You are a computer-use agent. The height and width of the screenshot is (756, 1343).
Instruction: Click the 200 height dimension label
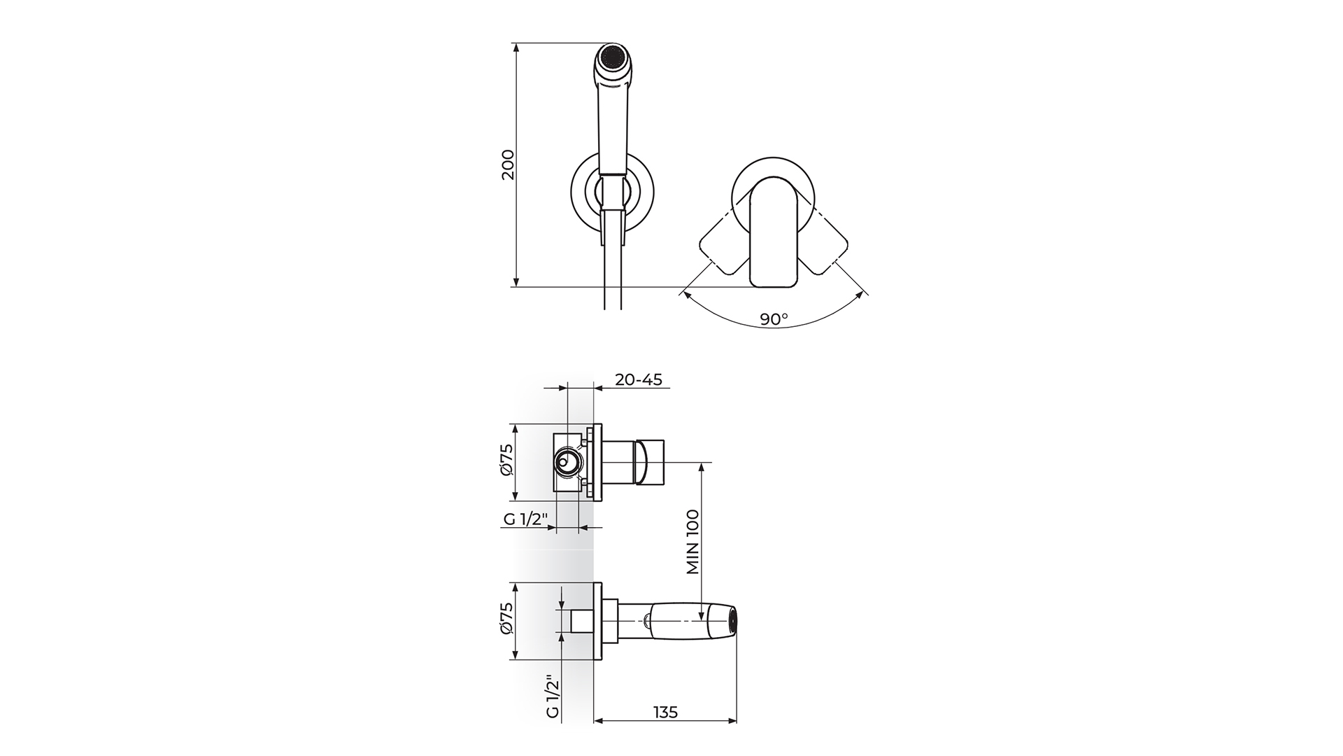click(509, 164)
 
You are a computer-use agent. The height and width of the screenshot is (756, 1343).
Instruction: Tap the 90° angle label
click(774, 319)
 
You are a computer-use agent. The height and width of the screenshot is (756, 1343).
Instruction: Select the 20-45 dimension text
click(638, 379)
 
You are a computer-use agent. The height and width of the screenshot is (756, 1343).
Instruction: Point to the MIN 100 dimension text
click(693, 542)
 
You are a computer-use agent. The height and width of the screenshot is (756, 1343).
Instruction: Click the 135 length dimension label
click(665, 712)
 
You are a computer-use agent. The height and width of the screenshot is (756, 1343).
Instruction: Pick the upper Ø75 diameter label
click(508, 462)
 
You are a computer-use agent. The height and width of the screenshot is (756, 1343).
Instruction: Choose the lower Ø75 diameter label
click(508, 621)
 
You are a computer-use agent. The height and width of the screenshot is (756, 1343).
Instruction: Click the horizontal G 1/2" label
click(529, 519)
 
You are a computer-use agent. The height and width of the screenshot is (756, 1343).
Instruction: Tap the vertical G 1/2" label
click(552, 696)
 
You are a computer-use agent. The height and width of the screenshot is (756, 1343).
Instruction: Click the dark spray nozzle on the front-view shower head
click(613, 55)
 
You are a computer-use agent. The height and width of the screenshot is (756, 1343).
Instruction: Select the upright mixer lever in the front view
click(774, 232)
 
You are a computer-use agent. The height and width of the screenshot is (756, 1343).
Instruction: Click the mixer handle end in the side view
click(650, 462)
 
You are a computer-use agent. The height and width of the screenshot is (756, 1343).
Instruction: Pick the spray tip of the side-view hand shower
click(732, 621)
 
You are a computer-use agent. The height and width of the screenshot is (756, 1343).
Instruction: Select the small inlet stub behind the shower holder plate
click(581, 621)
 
